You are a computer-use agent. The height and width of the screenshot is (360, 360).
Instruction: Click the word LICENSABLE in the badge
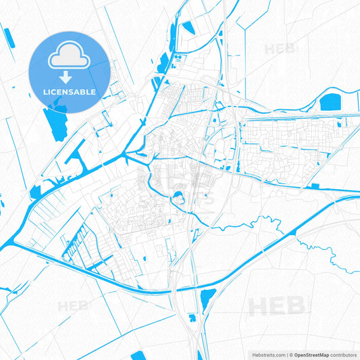coord(69,92)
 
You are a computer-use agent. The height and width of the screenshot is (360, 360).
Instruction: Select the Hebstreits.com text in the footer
coord(265,354)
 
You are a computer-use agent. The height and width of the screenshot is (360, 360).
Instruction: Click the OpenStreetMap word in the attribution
coord(311,354)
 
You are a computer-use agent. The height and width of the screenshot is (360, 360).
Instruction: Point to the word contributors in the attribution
coord(343,354)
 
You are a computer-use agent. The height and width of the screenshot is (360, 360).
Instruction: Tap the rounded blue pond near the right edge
coord(330,103)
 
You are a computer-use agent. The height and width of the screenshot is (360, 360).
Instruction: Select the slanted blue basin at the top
coord(188,28)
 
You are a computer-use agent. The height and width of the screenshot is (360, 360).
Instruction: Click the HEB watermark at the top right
coord(279,49)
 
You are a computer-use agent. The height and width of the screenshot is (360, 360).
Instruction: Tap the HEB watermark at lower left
coord(73,306)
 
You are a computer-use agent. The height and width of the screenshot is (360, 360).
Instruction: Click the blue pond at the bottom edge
coord(138,355)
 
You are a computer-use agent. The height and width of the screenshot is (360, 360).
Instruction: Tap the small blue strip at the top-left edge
coord(8,37)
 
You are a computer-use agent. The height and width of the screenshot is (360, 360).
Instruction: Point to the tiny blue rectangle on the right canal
coord(313,186)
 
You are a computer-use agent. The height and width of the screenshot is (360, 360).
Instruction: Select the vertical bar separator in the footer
coord(288,354)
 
